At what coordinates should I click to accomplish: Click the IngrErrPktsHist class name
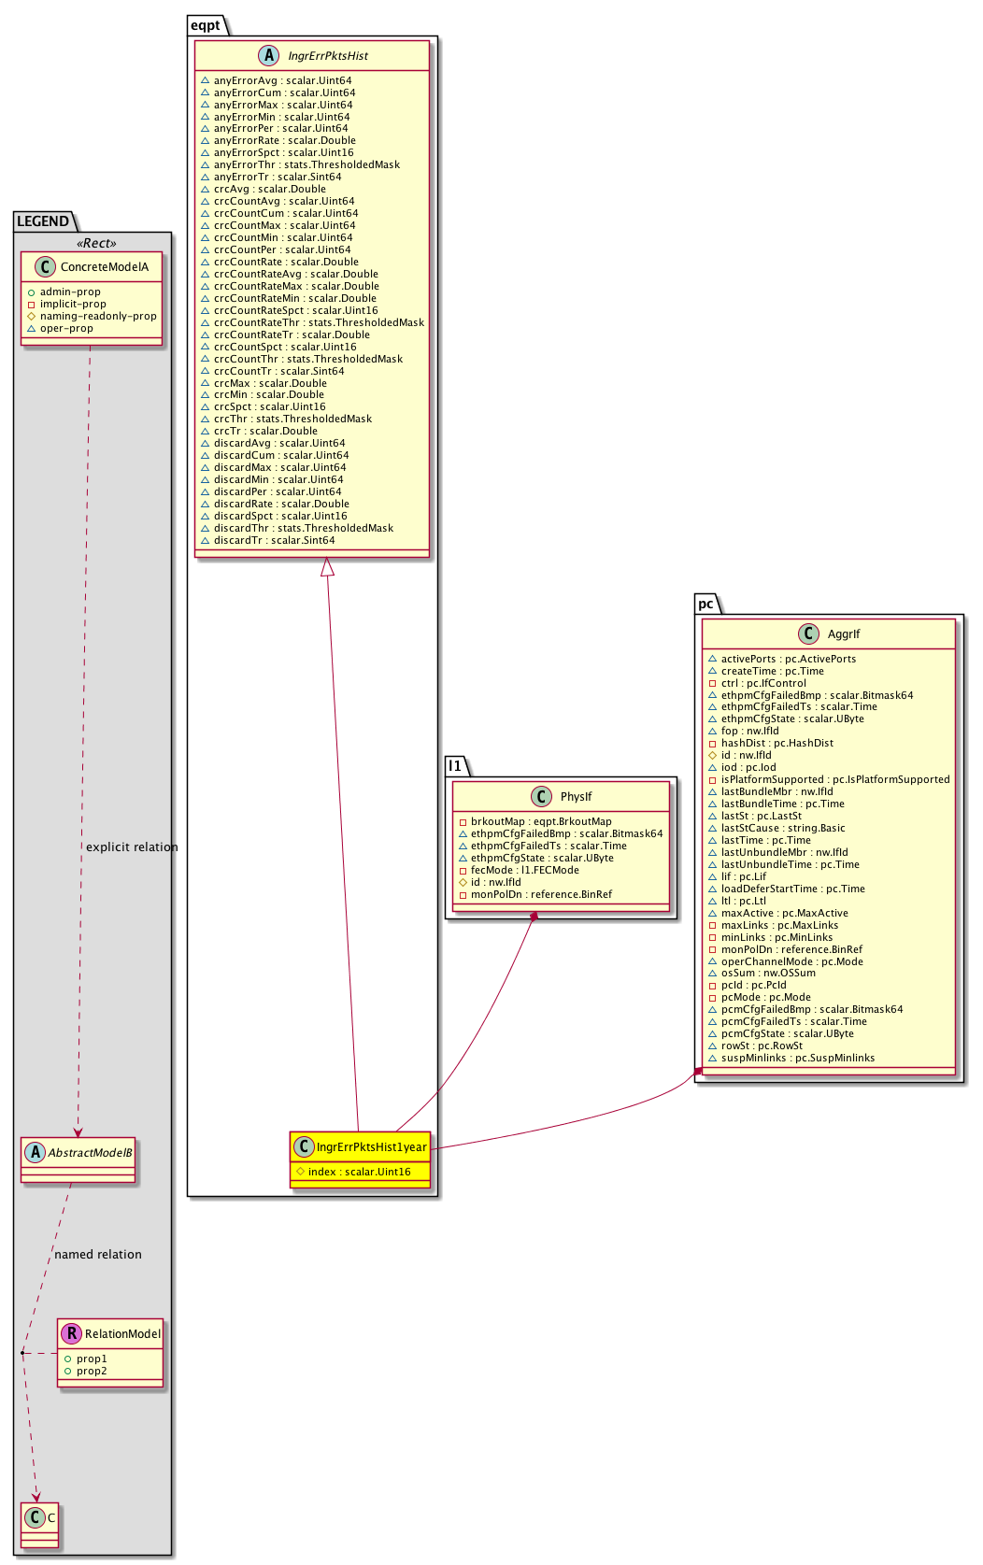[x=328, y=56]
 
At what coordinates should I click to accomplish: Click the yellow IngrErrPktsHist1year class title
[x=371, y=1146]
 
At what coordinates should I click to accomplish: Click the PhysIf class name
[x=576, y=797]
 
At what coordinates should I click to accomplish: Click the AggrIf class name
[x=843, y=634]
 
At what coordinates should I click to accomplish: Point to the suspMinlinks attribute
[x=797, y=1058]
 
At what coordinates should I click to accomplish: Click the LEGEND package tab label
[x=43, y=221]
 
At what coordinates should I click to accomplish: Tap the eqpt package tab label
[x=206, y=25]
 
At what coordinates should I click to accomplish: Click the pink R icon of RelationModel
[x=71, y=1334]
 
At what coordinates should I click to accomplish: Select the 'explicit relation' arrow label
[x=132, y=847]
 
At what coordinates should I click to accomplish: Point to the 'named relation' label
[x=98, y=1255]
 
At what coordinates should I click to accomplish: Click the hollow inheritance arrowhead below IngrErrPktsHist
[x=326, y=566]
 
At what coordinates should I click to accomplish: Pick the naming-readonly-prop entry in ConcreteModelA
[x=97, y=316]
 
